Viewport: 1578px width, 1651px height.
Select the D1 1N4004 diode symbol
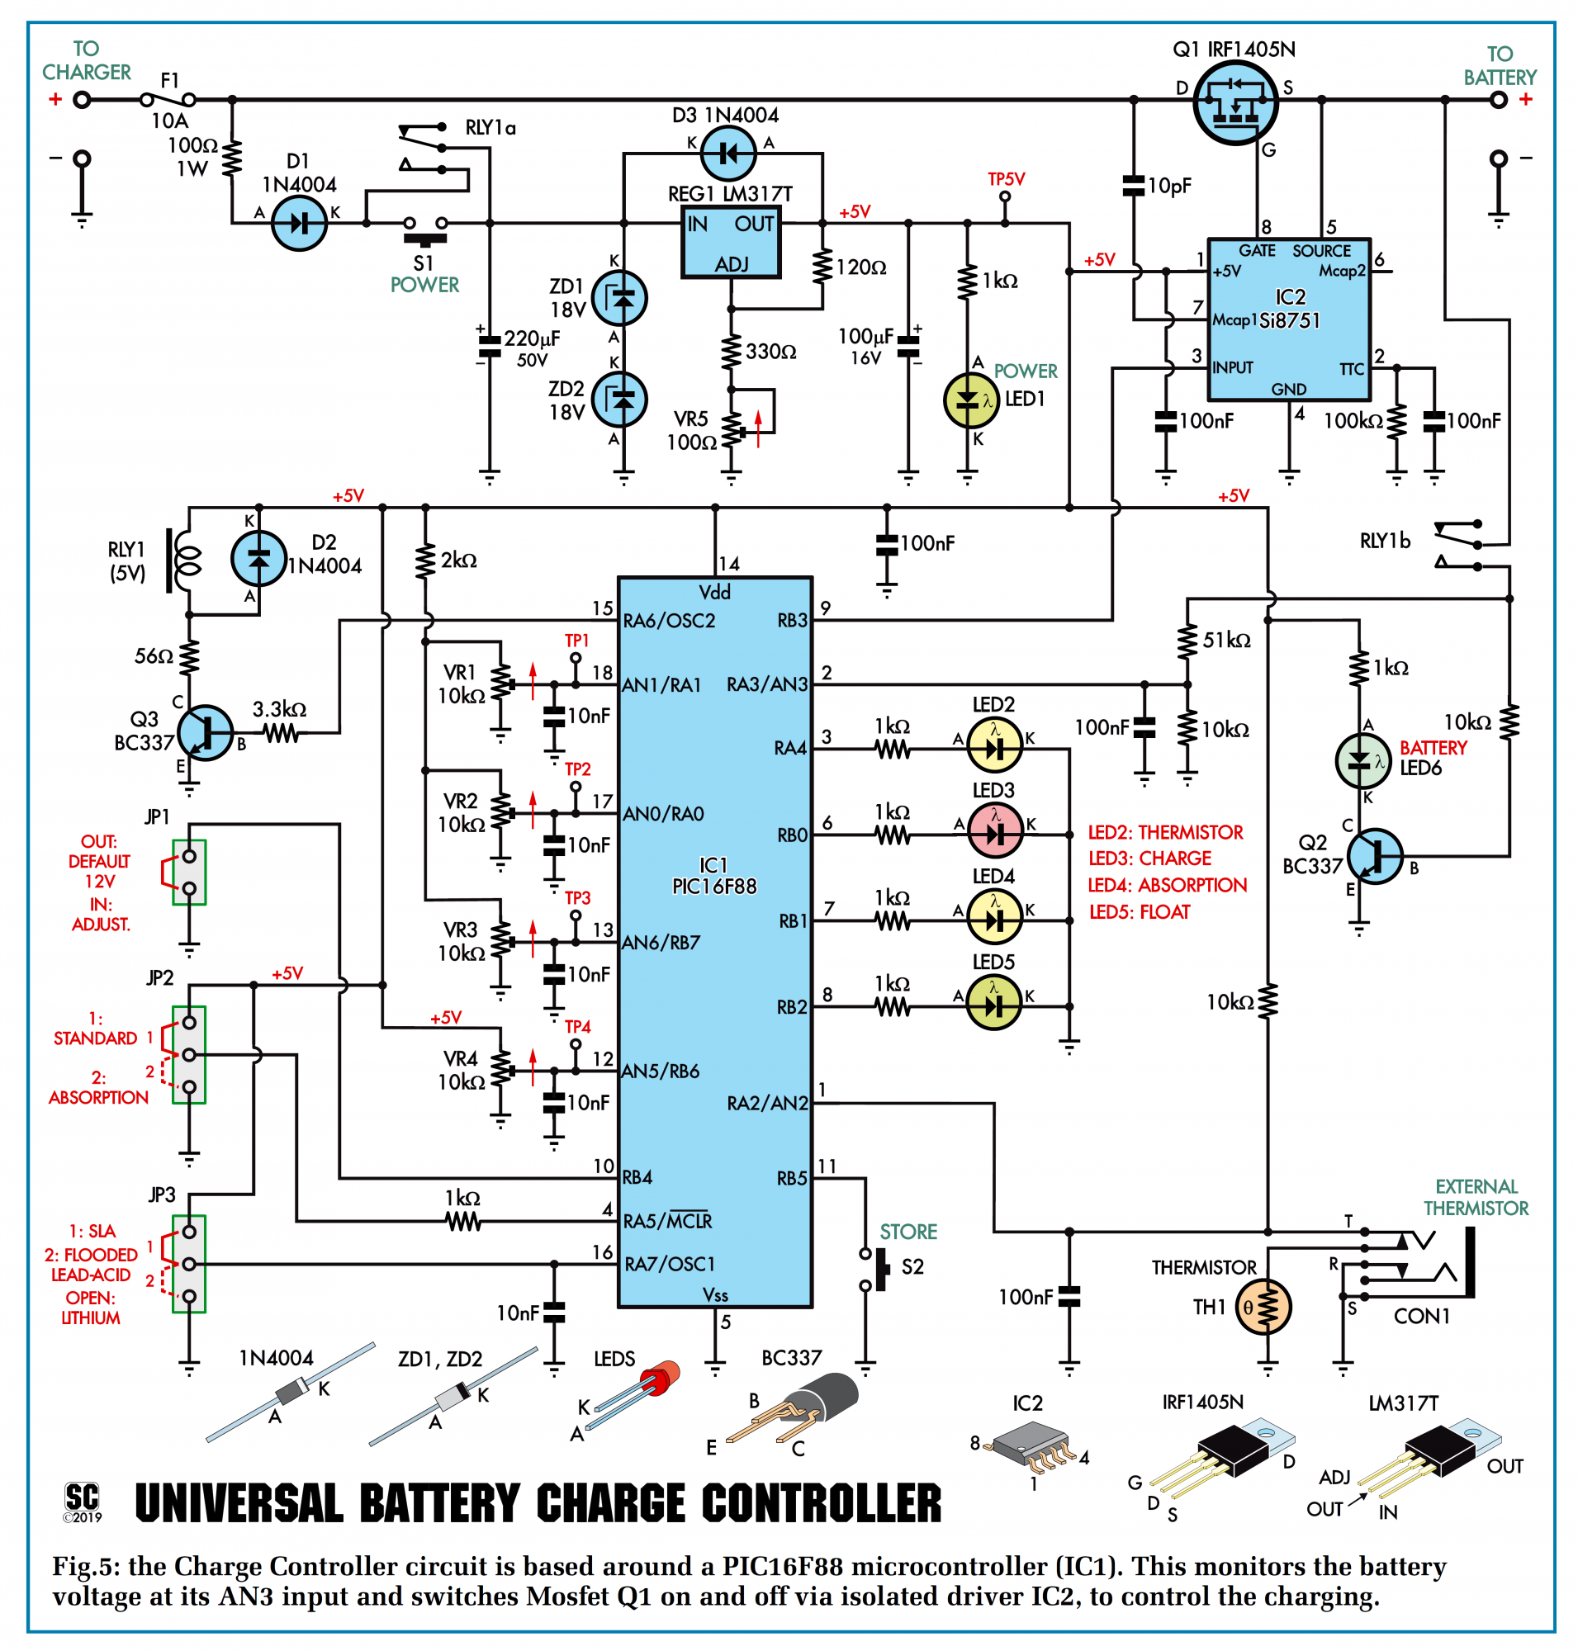click(x=299, y=224)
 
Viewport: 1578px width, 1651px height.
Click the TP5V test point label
click(x=1006, y=179)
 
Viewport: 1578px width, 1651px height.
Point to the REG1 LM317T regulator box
click(x=730, y=243)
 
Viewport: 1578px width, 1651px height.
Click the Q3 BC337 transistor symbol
click(x=206, y=732)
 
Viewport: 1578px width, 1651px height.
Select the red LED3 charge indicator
click(x=995, y=831)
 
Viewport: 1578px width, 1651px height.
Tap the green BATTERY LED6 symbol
click(x=1362, y=760)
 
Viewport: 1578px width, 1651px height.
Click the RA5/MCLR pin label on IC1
click(x=667, y=1221)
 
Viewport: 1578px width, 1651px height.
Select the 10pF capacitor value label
click(x=1169, y=186)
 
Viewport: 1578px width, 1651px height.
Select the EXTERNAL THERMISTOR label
click(x=1476, y=1198)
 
